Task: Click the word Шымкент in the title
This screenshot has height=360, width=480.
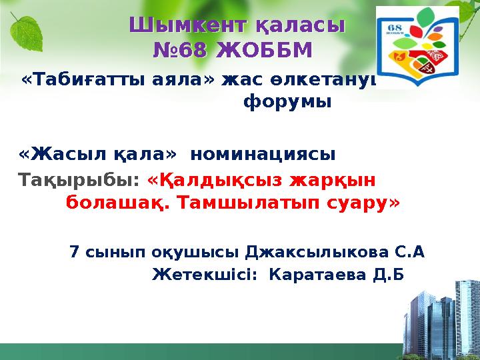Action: click(188, 25)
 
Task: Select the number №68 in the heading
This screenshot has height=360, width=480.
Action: click(179, 50)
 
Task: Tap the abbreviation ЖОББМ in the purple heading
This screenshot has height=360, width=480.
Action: click(264, 50)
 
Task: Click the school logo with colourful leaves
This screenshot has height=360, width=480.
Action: click(417, 47)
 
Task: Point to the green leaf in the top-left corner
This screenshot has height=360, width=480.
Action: click(26, 33)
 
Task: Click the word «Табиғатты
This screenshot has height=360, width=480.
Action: click(84, 80)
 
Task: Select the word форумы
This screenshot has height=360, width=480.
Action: click(287, 101)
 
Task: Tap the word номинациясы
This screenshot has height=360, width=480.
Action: click(263, 155)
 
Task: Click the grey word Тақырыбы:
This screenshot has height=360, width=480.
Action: click(79, 180)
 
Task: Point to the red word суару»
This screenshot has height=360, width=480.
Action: click(363, 203)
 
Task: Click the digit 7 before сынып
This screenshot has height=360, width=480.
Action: click(74, 252)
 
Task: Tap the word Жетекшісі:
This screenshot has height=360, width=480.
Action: click(205, 275)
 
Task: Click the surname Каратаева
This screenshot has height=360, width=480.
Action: click(317, 275)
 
